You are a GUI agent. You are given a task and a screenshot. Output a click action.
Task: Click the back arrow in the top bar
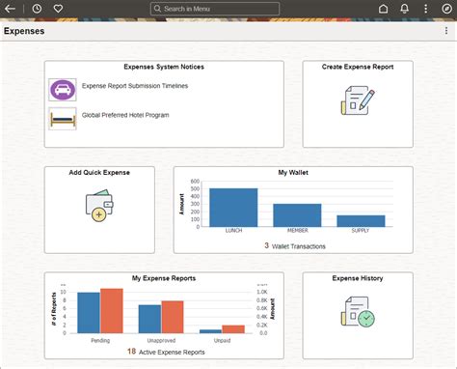click(x=11, y=9)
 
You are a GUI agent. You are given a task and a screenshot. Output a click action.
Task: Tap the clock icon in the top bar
click(x=37, y=9)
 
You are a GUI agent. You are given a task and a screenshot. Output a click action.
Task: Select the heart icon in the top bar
click(x=58, y=9)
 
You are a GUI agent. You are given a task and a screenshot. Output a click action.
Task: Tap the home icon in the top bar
click(x=383, y=9)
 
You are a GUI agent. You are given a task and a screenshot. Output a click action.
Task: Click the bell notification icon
click(x=405, y=9)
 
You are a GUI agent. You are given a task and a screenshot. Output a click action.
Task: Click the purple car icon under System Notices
click(x=63, y=90)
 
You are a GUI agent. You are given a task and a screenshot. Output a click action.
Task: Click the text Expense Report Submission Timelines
click(x=135, y=86)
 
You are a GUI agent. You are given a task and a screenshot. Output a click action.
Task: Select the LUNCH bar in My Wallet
click(x=233, y=207)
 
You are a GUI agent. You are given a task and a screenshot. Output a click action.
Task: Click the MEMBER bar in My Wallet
click(x=297, y=214)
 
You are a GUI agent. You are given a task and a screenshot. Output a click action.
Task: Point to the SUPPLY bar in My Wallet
click(x=361, y=220)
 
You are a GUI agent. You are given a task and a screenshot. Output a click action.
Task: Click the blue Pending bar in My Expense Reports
click(x=89, y=311)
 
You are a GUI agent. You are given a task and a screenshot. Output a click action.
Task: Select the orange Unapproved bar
click(x=173, y=316)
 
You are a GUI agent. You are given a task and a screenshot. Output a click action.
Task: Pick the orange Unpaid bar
click(x=233, y=328)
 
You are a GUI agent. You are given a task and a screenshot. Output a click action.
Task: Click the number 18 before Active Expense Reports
click(x=131, y=352)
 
